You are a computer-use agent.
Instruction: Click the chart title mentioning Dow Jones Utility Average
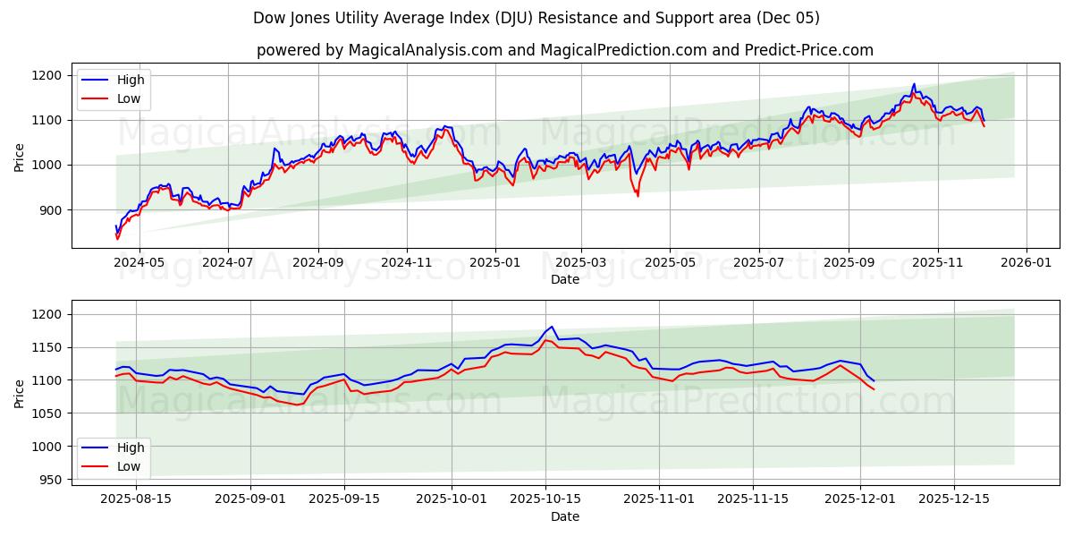[x=536, y=18]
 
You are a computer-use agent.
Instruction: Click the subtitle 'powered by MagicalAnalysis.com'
[x=380, y=50]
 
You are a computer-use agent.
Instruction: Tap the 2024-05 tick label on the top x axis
[x=139, y=262]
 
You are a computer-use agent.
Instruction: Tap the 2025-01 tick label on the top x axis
[x=494, y=262]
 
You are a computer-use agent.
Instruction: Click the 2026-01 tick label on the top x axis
[x=1026, y=262]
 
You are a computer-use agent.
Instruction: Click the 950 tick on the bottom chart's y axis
[x=50, y=480]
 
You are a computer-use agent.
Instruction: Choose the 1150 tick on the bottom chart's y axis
[x=46, y=347]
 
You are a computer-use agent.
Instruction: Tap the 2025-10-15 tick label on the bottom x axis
[x=545, y=499]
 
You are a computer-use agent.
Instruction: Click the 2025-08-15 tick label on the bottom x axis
[x=137, y=499]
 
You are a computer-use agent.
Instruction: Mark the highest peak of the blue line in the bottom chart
[x=552, y=327]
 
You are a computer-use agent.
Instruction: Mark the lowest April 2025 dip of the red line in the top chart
[x=638, y=196]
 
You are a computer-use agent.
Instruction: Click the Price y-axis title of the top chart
[x=20, y=156]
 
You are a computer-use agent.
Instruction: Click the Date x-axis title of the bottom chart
[x=564, y=516]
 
